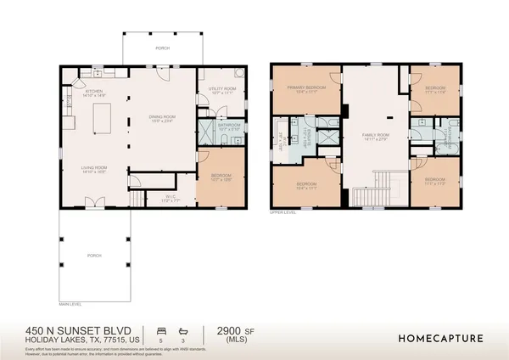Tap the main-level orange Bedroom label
coord(221,177)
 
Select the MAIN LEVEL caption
coord(70,304)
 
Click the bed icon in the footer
coord(161,329)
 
